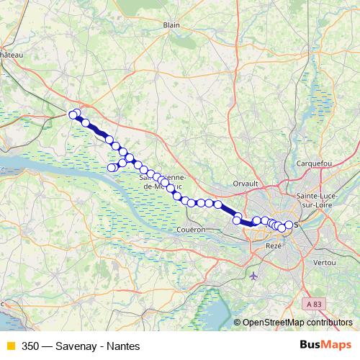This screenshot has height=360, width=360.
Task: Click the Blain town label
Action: pyautogui.click(x=171, y=24)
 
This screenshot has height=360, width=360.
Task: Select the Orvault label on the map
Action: pyautogui.click(x=245, y=184)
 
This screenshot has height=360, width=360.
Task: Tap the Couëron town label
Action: pyautogui.click(x=190, y=229)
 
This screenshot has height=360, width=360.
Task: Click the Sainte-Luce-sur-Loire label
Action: pyautogui.click(x=320, y=200)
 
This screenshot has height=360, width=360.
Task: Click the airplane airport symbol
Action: pyautogui.click(x=253, y=276)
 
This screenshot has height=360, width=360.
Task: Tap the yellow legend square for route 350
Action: pyautogui.click(x=10, y=346)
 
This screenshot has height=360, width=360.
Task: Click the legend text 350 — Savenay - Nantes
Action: pyautogui.click(x=81, y=346)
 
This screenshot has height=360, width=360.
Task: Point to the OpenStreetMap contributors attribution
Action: pyautogui.click(x=297, y=323)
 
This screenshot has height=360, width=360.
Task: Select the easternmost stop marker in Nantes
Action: pyautogui.click(x=289, y=225)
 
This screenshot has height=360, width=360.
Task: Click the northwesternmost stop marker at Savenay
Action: pyautogui.click(x=73, y=114)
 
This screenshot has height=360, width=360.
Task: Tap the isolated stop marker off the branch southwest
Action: pyautogui.click(x=112, y=168)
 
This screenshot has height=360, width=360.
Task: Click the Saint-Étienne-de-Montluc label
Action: pyautogui.click(x=163, y=181)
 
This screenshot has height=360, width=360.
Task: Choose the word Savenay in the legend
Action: pyautogui.click(x=75, y=346)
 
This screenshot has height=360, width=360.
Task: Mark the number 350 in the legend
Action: pyautogui.click(x=31, y=346)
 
